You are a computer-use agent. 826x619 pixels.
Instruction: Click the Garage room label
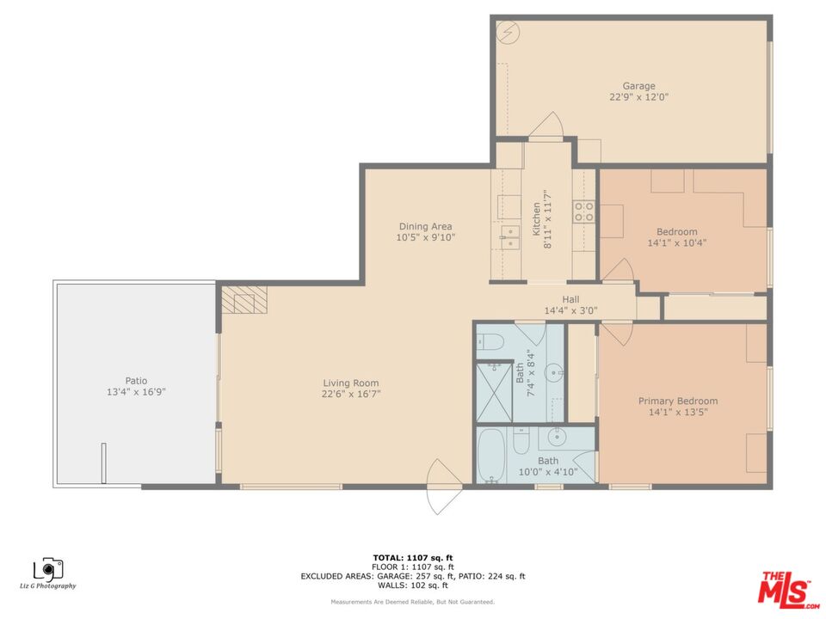pos(639,86)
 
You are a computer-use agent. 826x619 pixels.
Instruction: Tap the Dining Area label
pos(426,226)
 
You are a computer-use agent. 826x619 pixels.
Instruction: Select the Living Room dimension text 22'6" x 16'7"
pos(351,394)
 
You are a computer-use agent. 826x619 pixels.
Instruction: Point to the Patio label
pos(136,381)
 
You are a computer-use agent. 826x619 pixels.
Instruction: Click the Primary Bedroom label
pos(678,401)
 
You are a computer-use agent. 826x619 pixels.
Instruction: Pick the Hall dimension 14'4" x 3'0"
pos(571,311)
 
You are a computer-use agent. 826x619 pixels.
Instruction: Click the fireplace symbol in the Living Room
pos(243,300)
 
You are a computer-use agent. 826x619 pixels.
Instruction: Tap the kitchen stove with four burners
pos(584,211)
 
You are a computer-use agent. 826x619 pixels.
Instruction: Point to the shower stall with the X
pos(494,393)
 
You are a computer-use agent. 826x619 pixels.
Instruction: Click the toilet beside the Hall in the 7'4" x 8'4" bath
pos(490,342)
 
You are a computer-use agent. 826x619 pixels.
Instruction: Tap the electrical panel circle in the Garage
pos(509,32)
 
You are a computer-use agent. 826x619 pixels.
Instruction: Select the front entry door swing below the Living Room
pos(441,487)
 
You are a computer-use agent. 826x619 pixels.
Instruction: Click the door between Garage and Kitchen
pos(546,126)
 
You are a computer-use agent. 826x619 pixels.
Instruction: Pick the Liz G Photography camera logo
pos(48,568)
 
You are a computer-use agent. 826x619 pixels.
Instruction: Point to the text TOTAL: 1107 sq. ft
pos(413,558)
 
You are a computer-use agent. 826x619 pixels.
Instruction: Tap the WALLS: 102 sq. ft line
pos(413,585)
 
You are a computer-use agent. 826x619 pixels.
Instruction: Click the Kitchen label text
pos(536,219)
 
